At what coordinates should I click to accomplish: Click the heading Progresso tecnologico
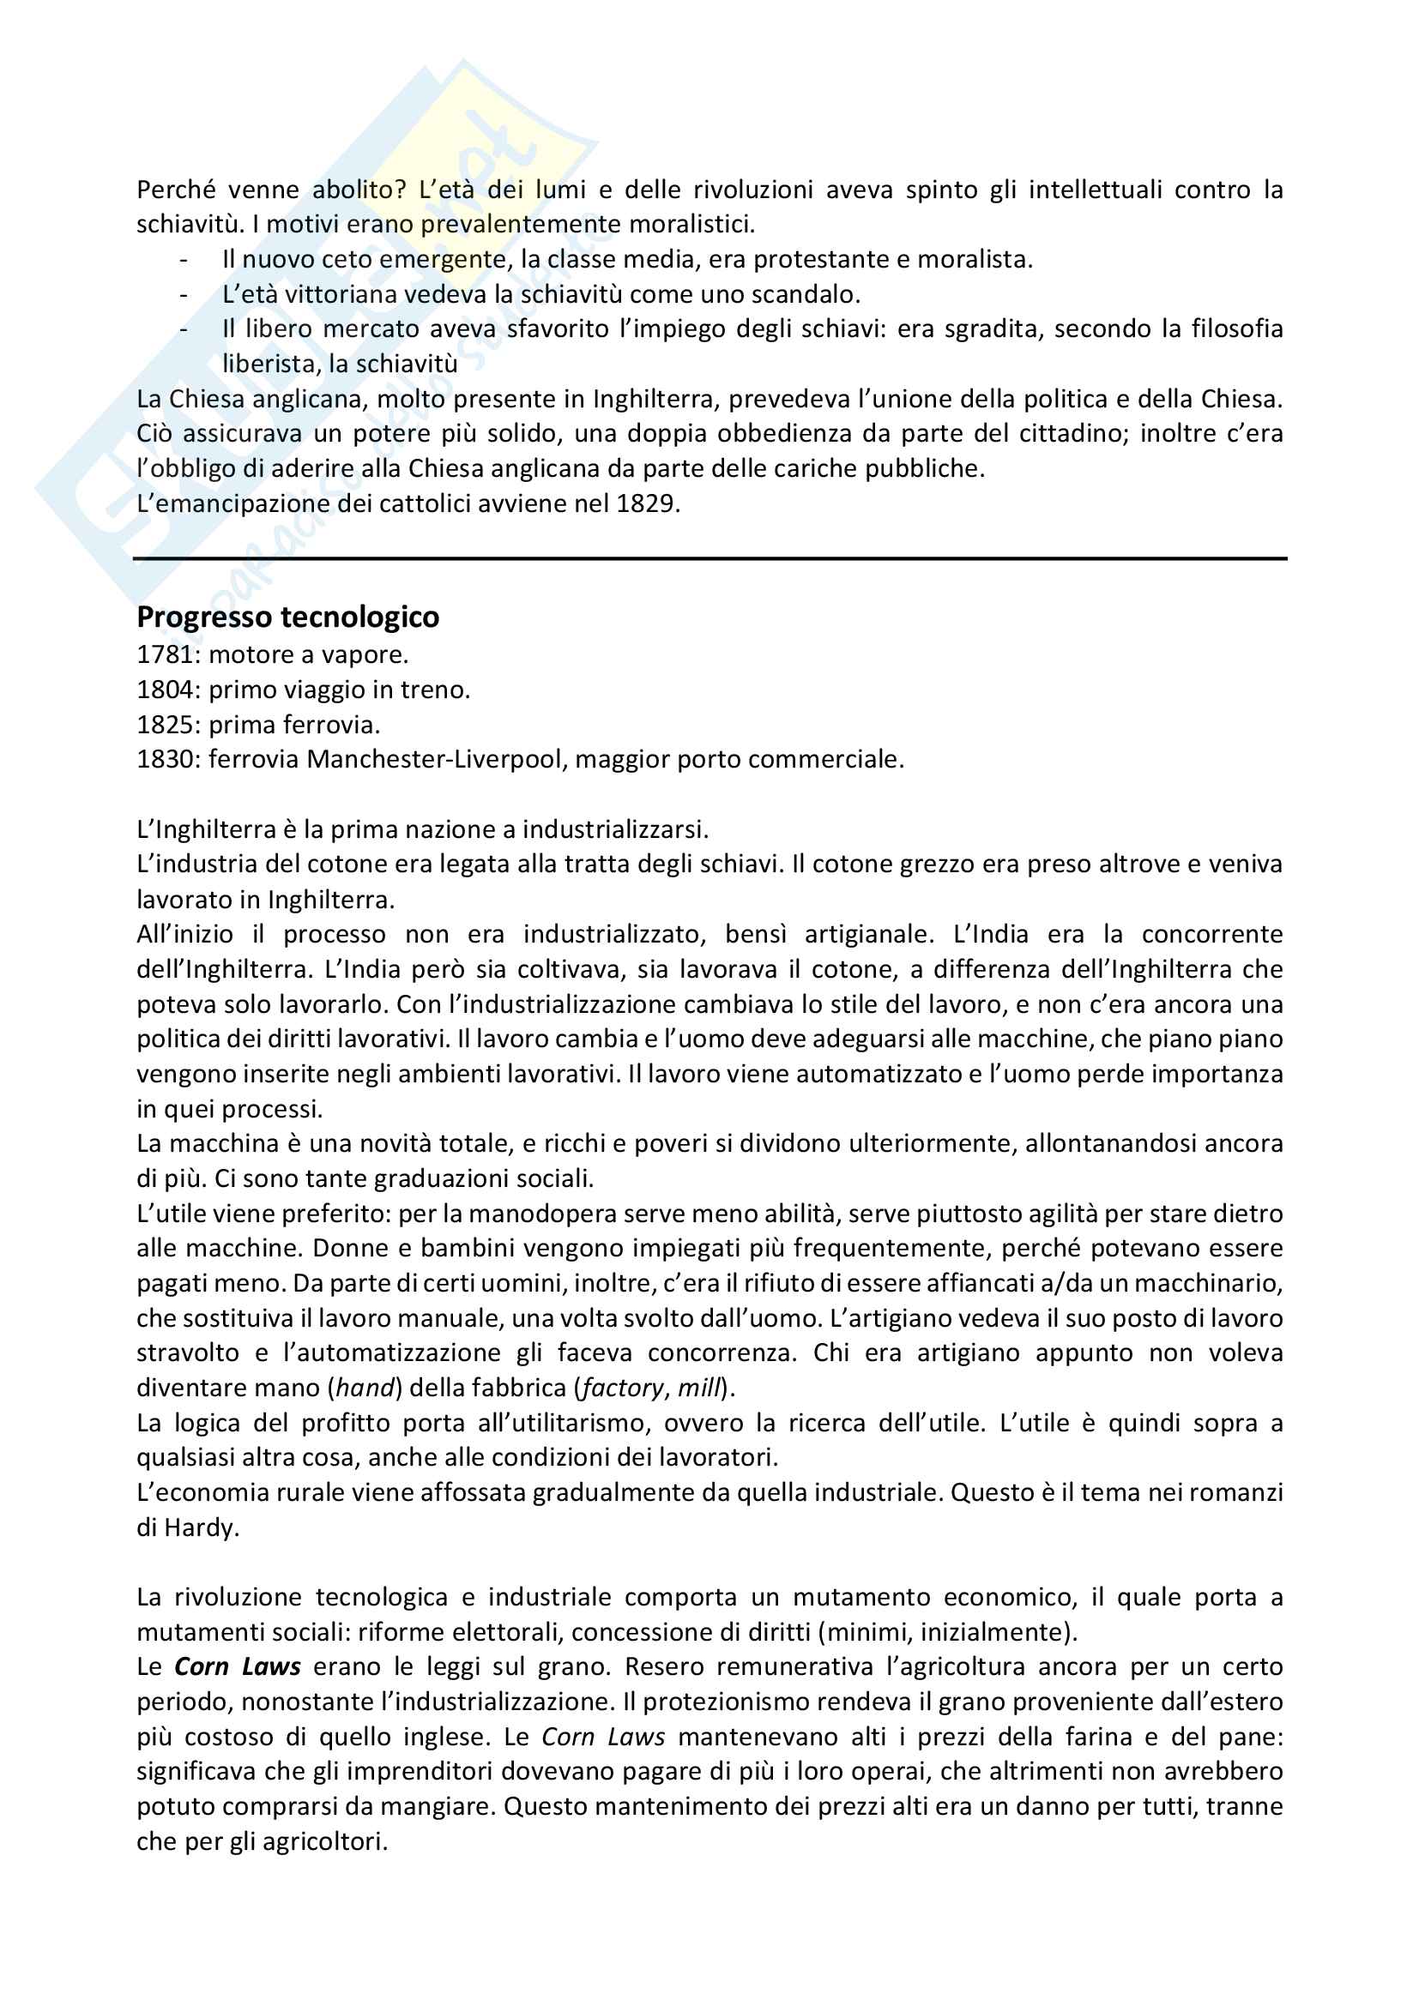(287, 617)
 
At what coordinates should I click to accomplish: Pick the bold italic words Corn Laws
(238, 1667)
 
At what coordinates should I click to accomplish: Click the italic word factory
(622, 1389)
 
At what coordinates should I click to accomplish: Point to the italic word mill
(699, 1389)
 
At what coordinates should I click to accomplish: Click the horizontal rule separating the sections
(709, 558)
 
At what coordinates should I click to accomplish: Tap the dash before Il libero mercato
(184, 329)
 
